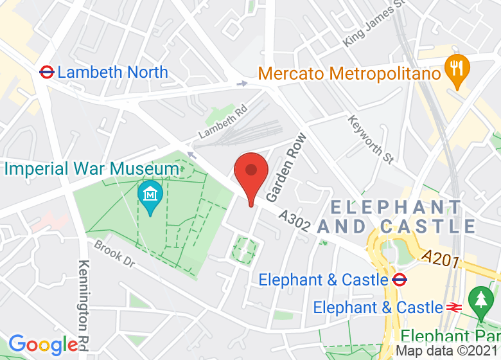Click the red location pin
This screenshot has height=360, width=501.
251,172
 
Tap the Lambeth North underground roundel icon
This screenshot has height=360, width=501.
46,72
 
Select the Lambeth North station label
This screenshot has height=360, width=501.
112,72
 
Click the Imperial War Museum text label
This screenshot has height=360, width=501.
92,169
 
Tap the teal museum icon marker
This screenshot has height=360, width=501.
150,194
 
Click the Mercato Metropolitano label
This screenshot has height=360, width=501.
349,73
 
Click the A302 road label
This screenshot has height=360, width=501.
295,222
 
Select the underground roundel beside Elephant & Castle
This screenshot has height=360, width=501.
400,280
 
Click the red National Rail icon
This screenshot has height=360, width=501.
453,307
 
